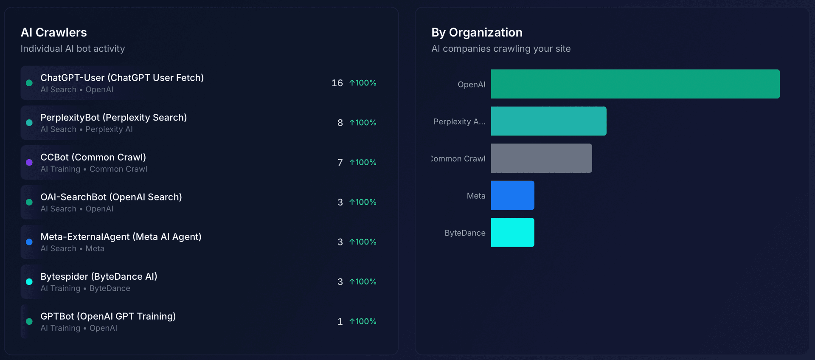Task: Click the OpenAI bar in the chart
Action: tap(635, 84)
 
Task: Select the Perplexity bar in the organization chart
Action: tap(548, 121)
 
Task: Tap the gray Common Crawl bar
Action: tap(541, 158)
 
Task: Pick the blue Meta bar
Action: tap(512, 195)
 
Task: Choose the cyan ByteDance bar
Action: tap(512, 232)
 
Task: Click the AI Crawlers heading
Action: tap(54, 32)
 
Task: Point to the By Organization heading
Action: tap(477, 32)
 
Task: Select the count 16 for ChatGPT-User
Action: tap(337, 83)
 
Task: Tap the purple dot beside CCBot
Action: tap(29, 162)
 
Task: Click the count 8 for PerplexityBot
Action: tap(340, 123)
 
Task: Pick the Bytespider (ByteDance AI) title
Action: tap(98, 276)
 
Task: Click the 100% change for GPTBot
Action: tap(363, 321)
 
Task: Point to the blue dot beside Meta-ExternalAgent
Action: tap(29, 242)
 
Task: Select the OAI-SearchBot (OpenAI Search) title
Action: tap(111, 197)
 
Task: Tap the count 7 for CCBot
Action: tap(340, 163)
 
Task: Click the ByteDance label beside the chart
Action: tap(465, 233)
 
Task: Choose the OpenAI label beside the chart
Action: tap(471, 84)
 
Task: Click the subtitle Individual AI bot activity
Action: tap(73, 49)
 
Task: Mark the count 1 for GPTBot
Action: tap(340, 321)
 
